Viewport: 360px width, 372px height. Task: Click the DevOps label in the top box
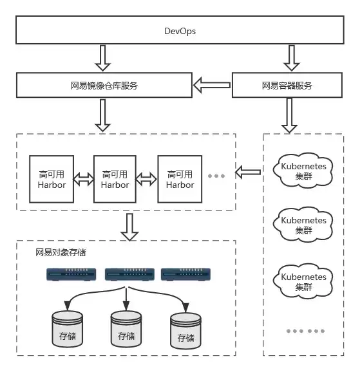tap(180, 31)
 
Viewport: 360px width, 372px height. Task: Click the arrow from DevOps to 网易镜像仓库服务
tap(102, 58)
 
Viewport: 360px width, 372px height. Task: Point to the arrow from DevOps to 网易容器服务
tap(292, 58)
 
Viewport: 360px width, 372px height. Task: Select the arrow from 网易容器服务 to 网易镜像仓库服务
tap(212, 85)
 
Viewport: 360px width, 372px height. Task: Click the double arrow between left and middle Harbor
tap(84, 179)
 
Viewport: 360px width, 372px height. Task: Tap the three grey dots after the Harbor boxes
tap(216, 176)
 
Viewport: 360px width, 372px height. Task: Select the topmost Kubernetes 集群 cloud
tap(303, 171)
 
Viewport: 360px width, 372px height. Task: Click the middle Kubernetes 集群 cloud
tap(303, 225)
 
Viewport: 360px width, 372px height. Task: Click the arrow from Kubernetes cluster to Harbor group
tap(248, 172)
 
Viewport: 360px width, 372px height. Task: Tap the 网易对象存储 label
tap(61, 252)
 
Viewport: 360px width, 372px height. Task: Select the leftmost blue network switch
tap(71, 275)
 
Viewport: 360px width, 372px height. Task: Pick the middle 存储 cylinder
tap(126, 330)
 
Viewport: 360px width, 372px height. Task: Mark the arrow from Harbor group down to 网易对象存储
tap(129, 227)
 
